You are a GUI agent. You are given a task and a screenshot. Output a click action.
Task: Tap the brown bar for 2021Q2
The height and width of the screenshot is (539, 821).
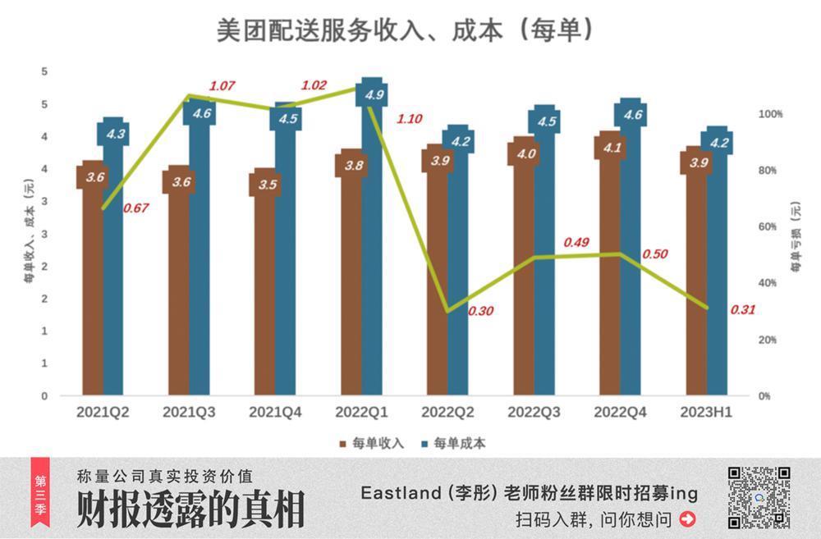click(94, 287)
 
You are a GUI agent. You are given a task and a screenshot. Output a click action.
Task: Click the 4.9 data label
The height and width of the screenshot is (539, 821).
click(374, 94)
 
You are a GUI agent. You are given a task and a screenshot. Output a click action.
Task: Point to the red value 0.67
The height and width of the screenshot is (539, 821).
click(135, 208)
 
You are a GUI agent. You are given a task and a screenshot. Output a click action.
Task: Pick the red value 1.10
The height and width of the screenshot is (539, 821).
click(409, 119)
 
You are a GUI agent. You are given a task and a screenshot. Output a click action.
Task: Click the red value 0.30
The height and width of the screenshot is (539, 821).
click(481, 311)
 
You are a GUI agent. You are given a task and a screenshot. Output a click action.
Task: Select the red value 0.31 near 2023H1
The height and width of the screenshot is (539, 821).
click(742, 309)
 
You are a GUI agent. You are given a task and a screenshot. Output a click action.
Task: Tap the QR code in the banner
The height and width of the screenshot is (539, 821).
click(759, 497)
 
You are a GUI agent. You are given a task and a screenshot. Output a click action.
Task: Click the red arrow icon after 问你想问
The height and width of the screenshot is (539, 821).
click(688, 518)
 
